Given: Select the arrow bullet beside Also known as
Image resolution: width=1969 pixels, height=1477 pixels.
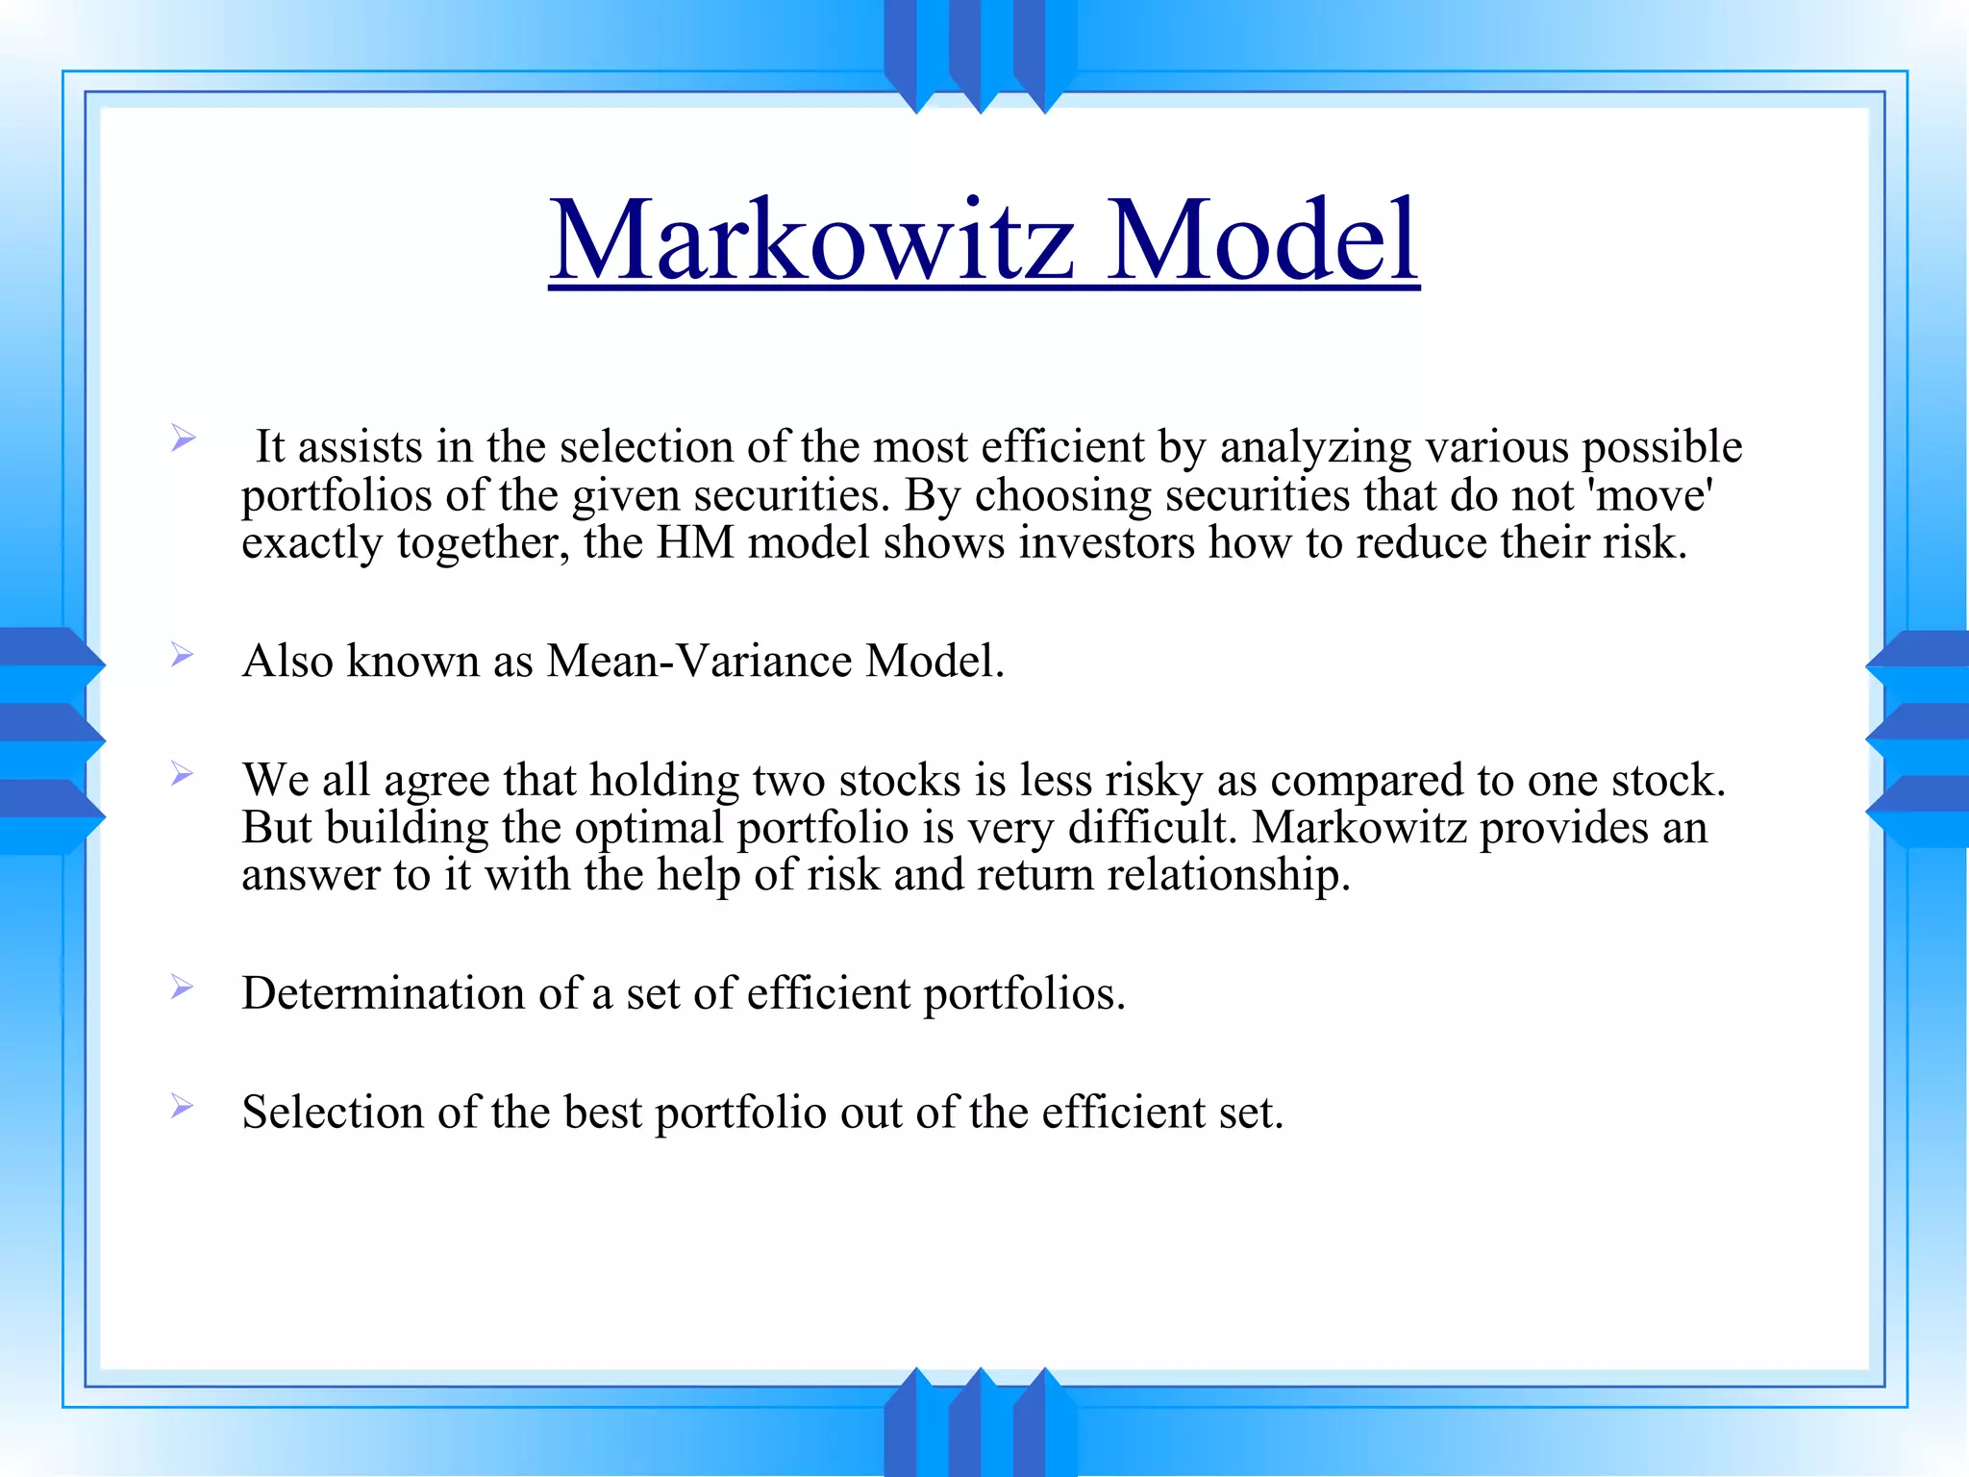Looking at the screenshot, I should (182, 656).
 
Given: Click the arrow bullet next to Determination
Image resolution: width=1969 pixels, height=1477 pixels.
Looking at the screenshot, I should (182, 988).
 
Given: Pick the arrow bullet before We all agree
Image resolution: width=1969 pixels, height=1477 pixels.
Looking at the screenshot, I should (182, 774).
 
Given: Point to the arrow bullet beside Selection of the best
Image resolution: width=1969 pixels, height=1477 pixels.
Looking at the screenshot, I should (182, 1107).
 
